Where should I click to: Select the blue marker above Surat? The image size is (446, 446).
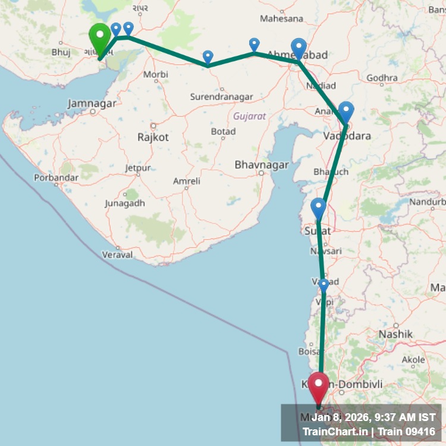(x=319, y=209)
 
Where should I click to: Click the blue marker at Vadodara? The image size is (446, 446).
(x=346, y=112)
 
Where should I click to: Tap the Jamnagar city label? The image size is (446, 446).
(x=92, y=103)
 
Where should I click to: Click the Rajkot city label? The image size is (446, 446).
(x=153, y=137)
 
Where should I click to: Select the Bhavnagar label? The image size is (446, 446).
(x=262, y=165)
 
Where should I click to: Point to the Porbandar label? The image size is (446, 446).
(x=56, y=177)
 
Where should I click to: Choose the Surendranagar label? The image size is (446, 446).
(x=221, y=96)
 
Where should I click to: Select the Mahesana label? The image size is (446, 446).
(x=281, y=18)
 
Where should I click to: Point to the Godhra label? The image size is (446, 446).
(x=382, y=78)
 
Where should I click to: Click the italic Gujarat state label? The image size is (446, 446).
(x=249, y=116)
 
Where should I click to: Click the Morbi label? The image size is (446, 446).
(x=155, y=75)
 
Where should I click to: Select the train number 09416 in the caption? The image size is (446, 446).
(x=416, y=431)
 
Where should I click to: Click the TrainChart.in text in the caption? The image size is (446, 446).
(x=335, y=431)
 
